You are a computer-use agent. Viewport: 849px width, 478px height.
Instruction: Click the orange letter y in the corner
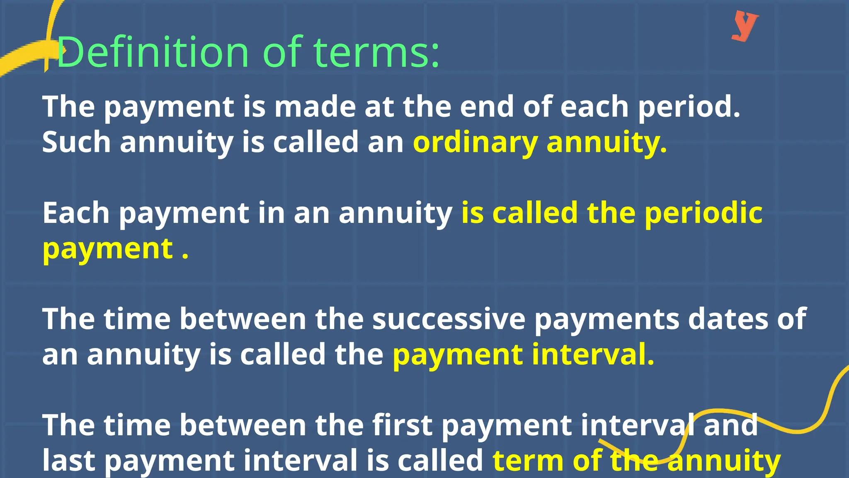point(745,26)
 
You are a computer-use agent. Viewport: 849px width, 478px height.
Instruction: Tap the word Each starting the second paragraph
point(76,213)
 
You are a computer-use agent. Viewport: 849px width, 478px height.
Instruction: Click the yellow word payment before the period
point(108,249)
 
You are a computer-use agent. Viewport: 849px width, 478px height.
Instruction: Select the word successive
point(449,319)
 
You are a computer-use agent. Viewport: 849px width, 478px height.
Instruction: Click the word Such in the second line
point(76,142)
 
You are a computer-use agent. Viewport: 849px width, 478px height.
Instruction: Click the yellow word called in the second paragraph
point(535,213)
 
